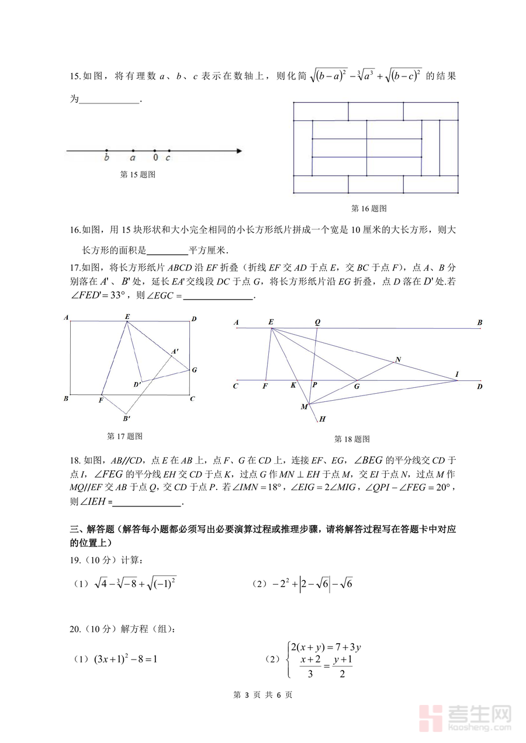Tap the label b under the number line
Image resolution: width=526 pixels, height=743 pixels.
[x=106, y=158]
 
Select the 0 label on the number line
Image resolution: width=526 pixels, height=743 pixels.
[x=155, y=158]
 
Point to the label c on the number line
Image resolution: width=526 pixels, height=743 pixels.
[x=168, y=158]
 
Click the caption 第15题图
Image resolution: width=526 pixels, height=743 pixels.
[x=137, y=174]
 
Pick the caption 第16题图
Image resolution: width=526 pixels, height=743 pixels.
[x=369, y=208]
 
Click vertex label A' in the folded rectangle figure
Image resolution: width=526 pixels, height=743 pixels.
[x=175, y=352]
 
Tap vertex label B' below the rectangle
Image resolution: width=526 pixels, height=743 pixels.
[x=126, y=418]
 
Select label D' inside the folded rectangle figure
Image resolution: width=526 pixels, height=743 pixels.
[x=137, y=384]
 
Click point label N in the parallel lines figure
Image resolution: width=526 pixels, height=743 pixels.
[x=398, y=359]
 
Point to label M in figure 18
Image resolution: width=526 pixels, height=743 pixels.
[x=304, y=407]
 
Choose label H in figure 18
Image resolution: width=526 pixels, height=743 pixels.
[x=322, y=419]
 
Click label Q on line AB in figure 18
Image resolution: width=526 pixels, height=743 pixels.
[x=317, y=322]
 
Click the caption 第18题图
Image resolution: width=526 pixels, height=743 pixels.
[x=351, y=439]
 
